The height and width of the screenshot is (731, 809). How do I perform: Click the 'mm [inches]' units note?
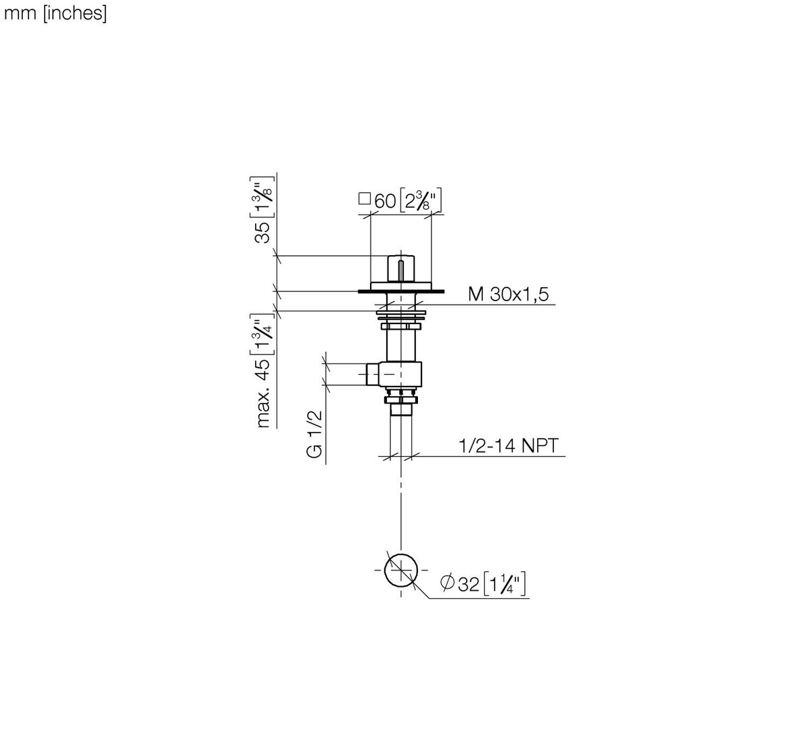coord(55,14)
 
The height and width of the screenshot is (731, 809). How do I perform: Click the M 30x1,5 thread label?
coord(508,294)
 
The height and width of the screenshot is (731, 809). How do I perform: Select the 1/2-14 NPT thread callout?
coord(508,445)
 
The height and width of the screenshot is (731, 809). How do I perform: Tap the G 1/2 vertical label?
coord(315,434)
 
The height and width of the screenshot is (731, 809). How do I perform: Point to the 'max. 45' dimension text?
coord(263,393)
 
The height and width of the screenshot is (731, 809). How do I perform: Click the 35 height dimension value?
coord(263,232)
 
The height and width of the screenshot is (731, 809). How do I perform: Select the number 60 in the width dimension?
coord(385,201)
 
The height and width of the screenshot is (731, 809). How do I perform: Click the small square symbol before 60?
coord(365,199)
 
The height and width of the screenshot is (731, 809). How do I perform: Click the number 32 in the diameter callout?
coord(469,584)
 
